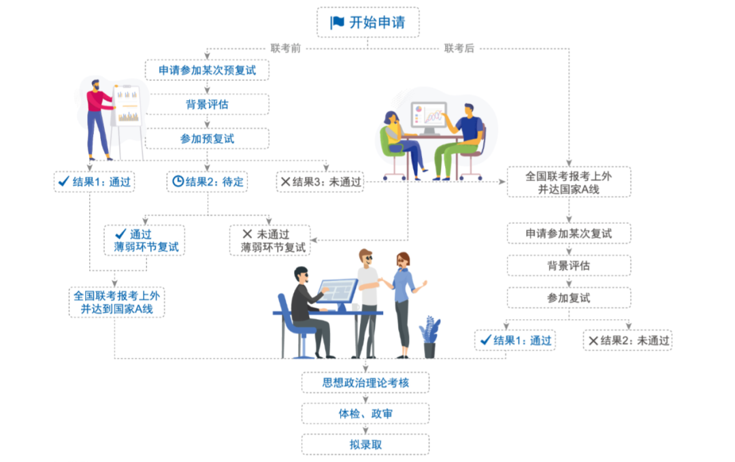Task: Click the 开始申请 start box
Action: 368,22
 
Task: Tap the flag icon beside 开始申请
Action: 338,22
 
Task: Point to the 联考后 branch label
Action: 459,48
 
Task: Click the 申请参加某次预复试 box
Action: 207,70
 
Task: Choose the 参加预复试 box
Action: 207,138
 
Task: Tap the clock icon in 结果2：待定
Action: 178,182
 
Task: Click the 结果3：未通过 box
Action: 321,182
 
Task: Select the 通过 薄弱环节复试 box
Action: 144,240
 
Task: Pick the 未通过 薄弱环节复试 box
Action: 269,240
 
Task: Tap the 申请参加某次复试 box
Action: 568,233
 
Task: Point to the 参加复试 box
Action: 568,298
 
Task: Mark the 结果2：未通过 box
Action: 627,340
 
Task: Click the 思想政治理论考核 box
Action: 365,382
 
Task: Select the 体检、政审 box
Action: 365,414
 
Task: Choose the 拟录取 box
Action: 365,444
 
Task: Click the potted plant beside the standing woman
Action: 429,337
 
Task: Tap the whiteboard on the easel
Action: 128,106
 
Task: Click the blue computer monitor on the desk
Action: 338,291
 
